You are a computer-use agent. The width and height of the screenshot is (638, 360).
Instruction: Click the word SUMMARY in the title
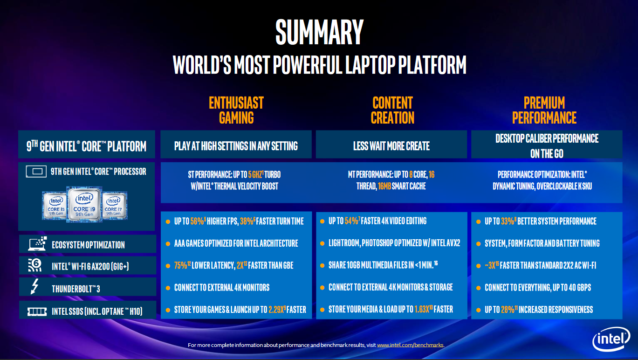(x=319, y=32)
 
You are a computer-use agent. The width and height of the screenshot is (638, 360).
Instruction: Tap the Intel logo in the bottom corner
(x=611, y=339)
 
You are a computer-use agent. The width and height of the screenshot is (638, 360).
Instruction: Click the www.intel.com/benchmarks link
(x=410, y=345)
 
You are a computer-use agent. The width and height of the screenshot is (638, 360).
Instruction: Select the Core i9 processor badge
(x=84, y=204)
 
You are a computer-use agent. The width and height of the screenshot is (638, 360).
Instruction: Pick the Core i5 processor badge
(x=55, y=206)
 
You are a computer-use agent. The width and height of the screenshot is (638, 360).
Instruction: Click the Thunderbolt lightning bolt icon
(x=35, y=286)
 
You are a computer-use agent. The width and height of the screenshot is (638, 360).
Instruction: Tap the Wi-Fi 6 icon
(x=35, y=265)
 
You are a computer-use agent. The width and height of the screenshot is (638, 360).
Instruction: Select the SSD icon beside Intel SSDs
(x=37, y=312)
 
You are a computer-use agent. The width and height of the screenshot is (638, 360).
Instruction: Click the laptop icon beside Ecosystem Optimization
(x=37, y=244)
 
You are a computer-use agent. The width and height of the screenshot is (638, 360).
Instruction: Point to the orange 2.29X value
(x=276, y=310)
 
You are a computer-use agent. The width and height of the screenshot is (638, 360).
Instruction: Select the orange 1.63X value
(x=422, y=310)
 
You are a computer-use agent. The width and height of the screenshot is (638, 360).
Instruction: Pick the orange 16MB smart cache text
(x=384, y=187)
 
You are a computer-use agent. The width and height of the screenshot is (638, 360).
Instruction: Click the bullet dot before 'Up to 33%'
(x=478, y=222)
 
